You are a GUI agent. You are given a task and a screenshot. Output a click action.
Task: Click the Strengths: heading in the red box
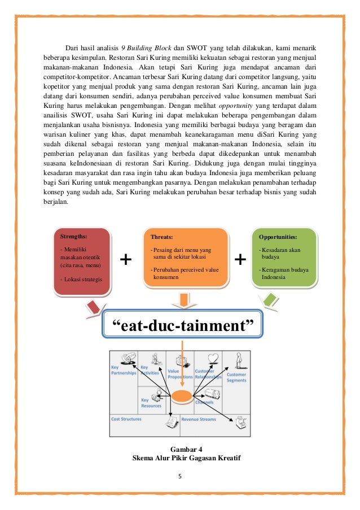(x=72, y=237)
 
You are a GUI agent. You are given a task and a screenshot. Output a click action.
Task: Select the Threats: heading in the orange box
(x=162, y=237)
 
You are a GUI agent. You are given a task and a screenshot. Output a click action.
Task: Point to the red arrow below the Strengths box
(x=95, y=308)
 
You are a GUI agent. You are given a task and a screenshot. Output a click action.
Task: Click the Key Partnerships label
(x=124, y=370)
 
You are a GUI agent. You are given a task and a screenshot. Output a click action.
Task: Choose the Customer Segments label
(x=236, y=377)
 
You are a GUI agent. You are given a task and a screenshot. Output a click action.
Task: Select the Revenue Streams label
(x=198, y=420)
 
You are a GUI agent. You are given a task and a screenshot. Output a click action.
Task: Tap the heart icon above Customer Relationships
(x=213, y=358)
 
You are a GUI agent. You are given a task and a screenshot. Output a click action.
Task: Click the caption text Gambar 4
(x=180, y=448)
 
